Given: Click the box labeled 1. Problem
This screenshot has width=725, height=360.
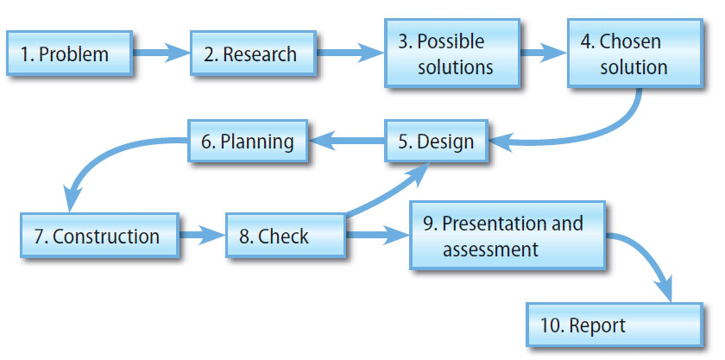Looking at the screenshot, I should click(70, 54).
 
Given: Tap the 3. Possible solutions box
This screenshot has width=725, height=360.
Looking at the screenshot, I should click(452, 54).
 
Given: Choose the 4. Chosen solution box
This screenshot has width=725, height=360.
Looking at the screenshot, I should click(634, 54).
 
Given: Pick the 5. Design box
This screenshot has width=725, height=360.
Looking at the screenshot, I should click(436, 142).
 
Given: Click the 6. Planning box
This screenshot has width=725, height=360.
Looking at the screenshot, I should click(249, 142).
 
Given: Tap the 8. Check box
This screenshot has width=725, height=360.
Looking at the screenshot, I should click(286, 236).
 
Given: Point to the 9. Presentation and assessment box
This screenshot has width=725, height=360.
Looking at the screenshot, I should click(507, 236).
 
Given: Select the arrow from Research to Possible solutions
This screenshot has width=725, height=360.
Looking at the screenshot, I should click(350, 54).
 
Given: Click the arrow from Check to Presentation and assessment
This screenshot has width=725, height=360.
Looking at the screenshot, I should click(376, 235).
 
